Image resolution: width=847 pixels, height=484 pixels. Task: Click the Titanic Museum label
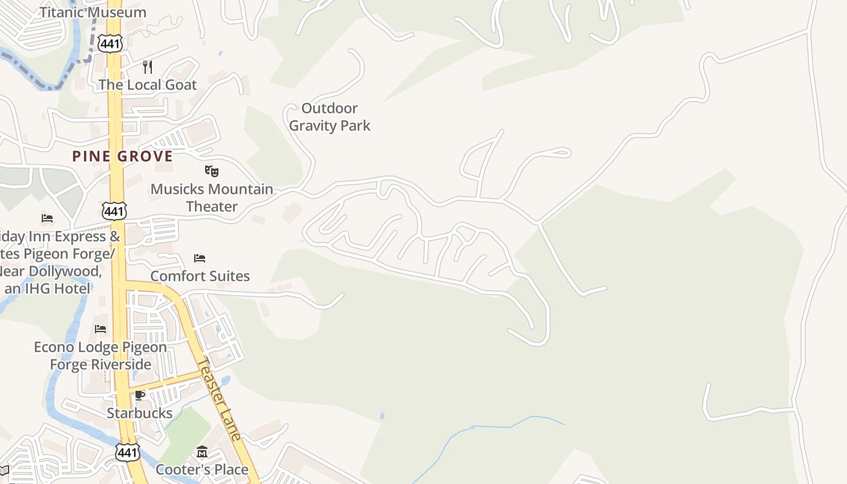[93, 12]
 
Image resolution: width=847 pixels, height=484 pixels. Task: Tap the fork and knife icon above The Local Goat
[148, 67]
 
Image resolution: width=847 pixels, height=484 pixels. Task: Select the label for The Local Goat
[148, 85]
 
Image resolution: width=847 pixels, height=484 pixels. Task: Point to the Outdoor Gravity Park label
[330, 117]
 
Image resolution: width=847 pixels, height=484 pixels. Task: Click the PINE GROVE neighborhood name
[123, 156]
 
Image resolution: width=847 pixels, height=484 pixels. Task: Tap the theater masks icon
[211, 171]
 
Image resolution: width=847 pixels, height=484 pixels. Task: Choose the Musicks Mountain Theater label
[212, 198]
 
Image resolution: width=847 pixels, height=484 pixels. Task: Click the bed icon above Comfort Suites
[200, 258]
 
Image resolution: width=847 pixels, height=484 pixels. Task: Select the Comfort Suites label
[200, 276]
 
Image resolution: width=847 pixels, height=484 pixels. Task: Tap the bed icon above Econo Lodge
[100, 329]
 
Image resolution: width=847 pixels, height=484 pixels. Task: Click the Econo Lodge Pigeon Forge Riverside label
[100, 356]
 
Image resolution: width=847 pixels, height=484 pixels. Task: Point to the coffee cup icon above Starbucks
[140, 396]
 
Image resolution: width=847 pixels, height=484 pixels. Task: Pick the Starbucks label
[140, 413]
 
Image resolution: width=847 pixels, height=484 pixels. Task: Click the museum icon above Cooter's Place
[202, 452]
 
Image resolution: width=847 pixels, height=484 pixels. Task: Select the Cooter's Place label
[202, 469]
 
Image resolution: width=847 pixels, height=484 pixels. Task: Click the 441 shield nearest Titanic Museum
[113, 43]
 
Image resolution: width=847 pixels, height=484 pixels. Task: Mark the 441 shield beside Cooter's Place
[128, 452]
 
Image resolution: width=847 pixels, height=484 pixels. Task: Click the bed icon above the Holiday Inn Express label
[47, 218]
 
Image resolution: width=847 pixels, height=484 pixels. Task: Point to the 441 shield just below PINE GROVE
[114, 211]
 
